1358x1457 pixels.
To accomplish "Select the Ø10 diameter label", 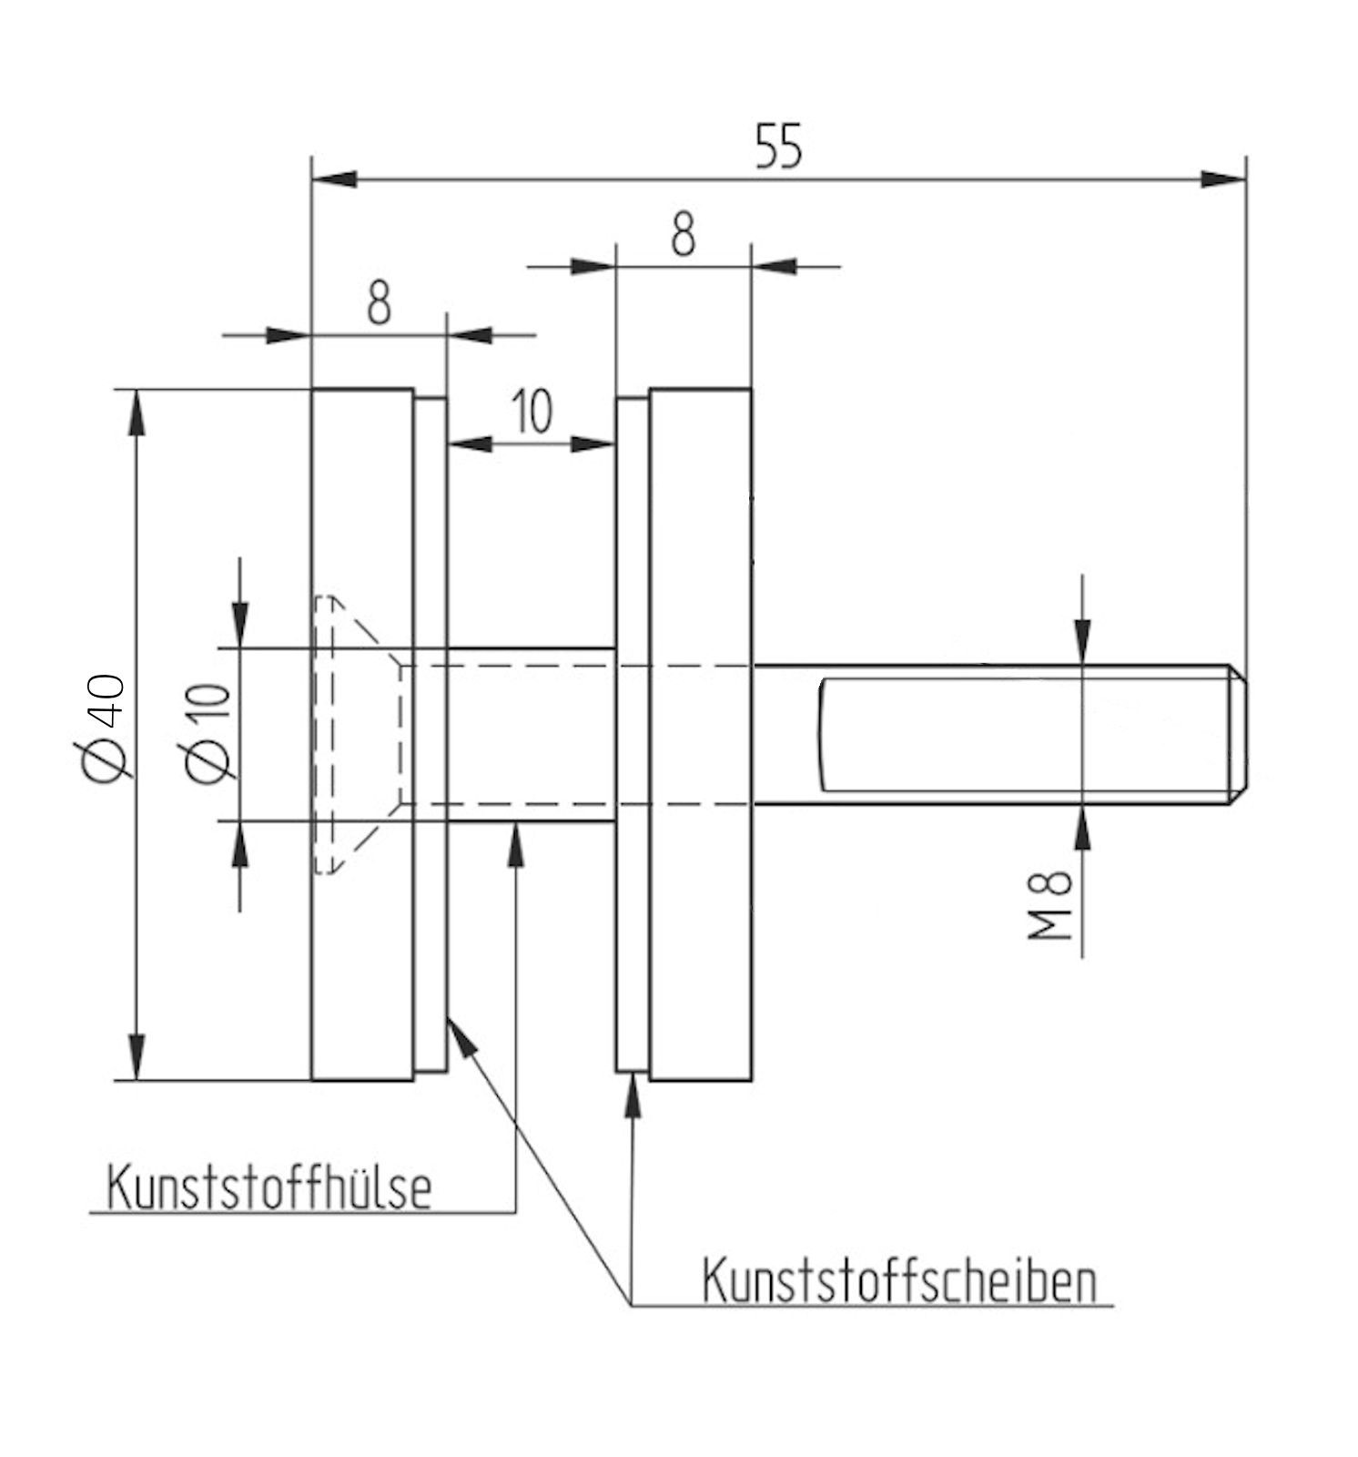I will [x=208, y=734].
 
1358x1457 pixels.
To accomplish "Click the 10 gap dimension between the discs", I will [x=531, y=411].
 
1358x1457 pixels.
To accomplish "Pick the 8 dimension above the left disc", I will [x=379, y=303].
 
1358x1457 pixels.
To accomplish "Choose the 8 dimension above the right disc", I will [x=683, y=234].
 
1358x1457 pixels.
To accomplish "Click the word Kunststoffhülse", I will [x=269, y=1187].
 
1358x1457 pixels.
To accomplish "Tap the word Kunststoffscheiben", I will [x=898, y=1282].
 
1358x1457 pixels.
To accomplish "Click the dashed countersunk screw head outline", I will [x=355, y=734].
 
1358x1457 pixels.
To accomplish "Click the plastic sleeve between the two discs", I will [x=532, y=734].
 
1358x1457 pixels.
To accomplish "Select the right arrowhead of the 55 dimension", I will [x=1223, y=178].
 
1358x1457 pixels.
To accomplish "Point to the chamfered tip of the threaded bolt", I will [x=1238, y=734].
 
